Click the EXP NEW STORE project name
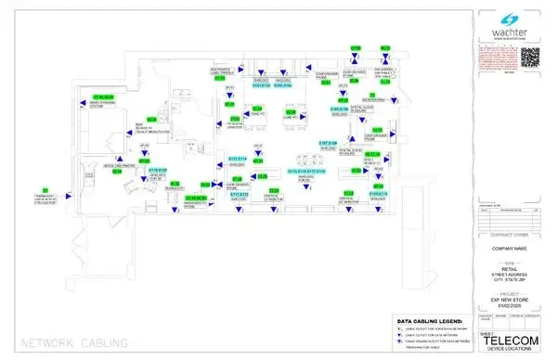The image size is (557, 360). click(x=509, y=301)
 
